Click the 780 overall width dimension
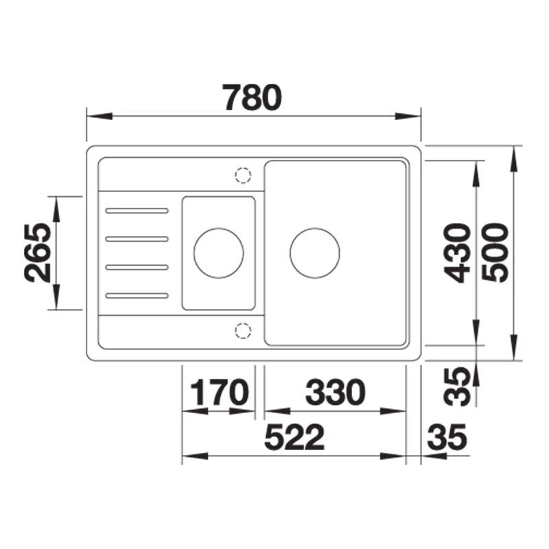tap(253, 97)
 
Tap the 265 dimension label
tap(38, 253)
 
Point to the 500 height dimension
tap(495, 253)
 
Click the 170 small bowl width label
tap(220, 392)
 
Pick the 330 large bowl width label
tap(335, 392)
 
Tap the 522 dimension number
tap(294, 437)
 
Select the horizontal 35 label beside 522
tap(447, 437)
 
